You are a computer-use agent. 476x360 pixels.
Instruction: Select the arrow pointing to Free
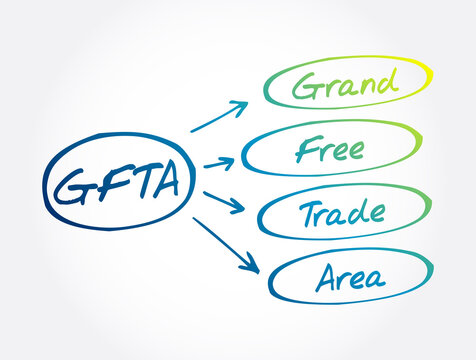pos(220,160)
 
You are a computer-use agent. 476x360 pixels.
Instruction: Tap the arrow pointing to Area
pos(227,244)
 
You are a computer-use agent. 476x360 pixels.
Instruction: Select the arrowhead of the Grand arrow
pos(241,105)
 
